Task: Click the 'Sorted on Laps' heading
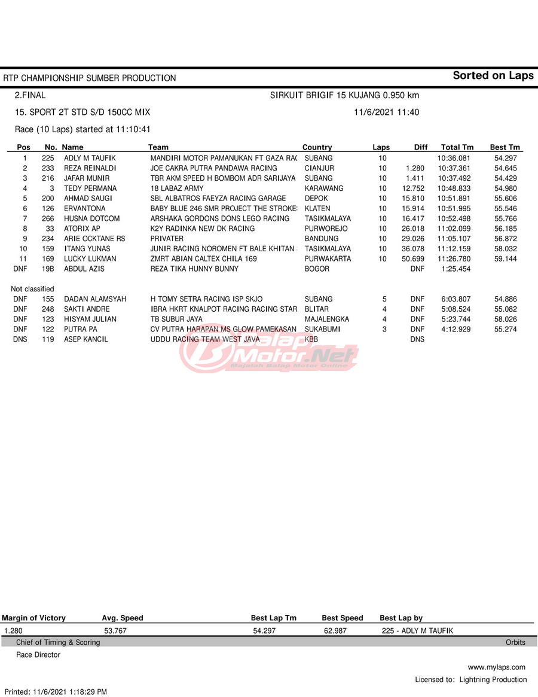click(493, 75)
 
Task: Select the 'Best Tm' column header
click(505, 147)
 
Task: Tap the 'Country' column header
click(317, 147)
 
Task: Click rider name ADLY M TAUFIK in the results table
click(90, 159)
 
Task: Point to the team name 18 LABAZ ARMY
click(177, 188)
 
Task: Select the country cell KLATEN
click(317, 209)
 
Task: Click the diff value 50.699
click(413, 259)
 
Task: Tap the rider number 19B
click(48, 269)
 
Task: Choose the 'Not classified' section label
click(32, 289)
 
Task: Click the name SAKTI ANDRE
click(87, 309)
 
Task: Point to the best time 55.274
click(506, 330)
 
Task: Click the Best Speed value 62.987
click(335, 631)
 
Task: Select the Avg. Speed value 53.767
click(115, 631)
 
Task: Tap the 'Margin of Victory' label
click(34, 618)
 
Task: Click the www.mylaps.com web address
click(496, 667)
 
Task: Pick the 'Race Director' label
click(38, 655)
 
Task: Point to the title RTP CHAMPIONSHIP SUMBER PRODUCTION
click(90, 78)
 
